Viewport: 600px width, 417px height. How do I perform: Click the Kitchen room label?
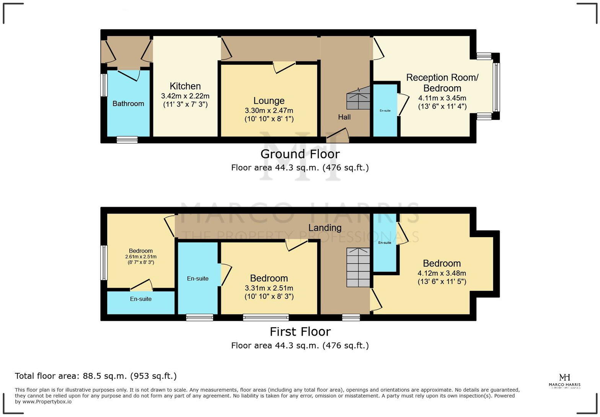(185, 86)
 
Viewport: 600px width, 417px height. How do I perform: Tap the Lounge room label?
(269, 101)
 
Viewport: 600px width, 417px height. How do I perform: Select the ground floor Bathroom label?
(128, 103)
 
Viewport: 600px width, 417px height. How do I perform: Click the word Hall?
(344, 117)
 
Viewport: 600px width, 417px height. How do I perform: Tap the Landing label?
(325, 228)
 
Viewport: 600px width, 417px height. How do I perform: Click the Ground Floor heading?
(300, 154)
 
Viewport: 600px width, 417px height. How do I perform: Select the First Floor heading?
(300, 332)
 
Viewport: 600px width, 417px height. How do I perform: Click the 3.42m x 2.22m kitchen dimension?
(185, 96)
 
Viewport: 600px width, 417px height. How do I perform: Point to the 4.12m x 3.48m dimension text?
(442, 273)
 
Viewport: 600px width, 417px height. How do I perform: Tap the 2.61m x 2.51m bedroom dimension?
(141, 257)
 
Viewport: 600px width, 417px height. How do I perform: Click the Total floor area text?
(96, 376)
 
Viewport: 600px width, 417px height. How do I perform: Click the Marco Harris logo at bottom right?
(564, 381)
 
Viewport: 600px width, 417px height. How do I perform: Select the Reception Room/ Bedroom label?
(442, 83)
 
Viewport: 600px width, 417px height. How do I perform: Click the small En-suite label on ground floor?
(385, 111)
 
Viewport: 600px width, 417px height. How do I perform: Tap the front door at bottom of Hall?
(337, 136)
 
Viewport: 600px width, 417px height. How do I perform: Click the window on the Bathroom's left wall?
(104, 85)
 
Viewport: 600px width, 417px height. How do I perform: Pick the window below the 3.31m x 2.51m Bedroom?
(266, 317)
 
